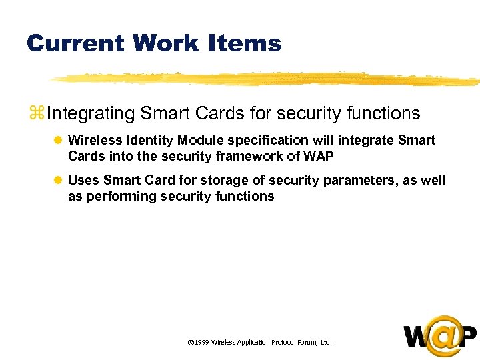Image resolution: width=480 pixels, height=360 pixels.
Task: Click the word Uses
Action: tap(83, 181)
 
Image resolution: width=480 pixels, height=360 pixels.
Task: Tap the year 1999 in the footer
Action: tap(202, 342)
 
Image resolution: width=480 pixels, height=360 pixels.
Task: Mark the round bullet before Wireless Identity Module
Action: tap(57, 141)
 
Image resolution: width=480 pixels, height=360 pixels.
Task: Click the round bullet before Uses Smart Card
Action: tap(57, 181)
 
